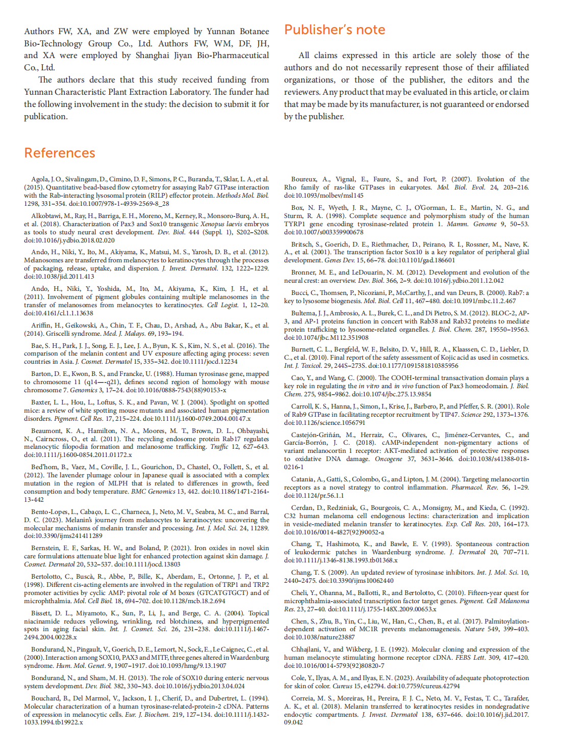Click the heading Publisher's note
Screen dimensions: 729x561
pyautogui.click(x=335, y=30)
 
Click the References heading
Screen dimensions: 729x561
pyautogui.click(x=60, y=153)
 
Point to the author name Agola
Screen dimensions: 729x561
pyautogui.click(x=40, y=179)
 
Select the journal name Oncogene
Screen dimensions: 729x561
pyautogui.click(x=389, y=459)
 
